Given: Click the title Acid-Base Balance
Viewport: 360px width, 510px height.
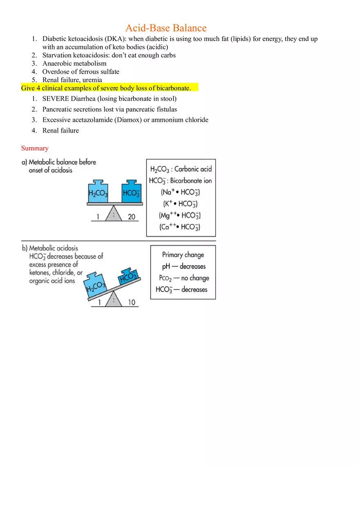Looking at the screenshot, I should pyautogui.click(x=166, y=28).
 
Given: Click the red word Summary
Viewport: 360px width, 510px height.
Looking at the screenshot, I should pyautogui.click(x=35, y=148).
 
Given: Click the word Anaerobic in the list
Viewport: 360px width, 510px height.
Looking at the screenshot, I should pyautogui.click(x=57, y=63).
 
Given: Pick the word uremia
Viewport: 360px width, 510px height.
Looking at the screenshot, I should pyautogui.click(x=92, y=80).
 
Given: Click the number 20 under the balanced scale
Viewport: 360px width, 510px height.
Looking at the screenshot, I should pyautogui.click(x=131, y=217).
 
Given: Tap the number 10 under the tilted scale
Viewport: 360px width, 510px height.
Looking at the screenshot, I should pyautogui.click(x=131, y=303).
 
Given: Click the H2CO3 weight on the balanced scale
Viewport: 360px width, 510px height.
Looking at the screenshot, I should pyautogui.click(x=98, y=192).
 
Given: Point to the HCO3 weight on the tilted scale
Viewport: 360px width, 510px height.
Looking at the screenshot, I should pyautogui.click(x=128, y=276).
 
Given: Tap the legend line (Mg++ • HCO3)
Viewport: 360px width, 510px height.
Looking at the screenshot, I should pyautogui.click(x=180, y=216).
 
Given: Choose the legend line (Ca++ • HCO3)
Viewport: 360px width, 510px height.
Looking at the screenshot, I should pyautogui.click(x=180, y=227).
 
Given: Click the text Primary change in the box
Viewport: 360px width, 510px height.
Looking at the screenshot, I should pyautogui.click(x=183, y=255).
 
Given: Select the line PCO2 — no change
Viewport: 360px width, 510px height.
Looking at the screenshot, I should pyautogui.click(x=184, y=278).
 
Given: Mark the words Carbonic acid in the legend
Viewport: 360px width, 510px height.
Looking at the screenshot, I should pyautogui.click(x=193, y=169).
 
